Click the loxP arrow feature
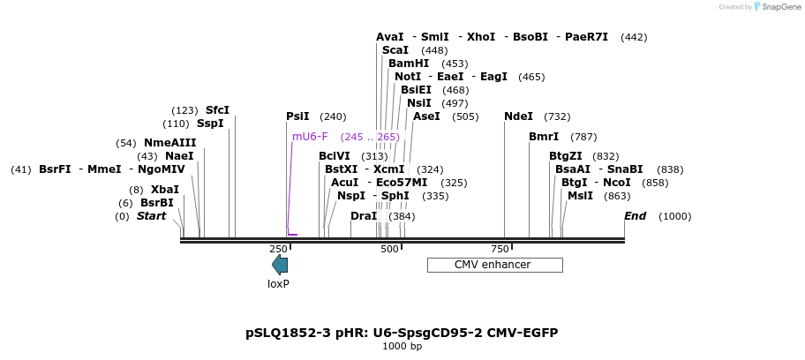pos(280,265)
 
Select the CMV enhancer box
pos(494,265)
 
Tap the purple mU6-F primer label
pos(310,137)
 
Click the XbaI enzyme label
pos(164,190)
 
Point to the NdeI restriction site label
pos(518,116)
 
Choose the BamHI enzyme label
pos(409,64)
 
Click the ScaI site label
pos(396,50)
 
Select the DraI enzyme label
pos(364,216)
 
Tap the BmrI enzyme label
pos(544,137)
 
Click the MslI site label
pos(580,196)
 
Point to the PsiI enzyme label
pos(297,116)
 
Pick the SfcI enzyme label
pos(217,110)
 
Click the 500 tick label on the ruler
pos(389,250)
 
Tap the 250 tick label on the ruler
pos(279,250)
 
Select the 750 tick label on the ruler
pos(500,250)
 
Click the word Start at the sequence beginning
pos(151,216)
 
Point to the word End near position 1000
pos(635,216)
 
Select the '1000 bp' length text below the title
pos(402,347)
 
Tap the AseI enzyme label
pos(426,116)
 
